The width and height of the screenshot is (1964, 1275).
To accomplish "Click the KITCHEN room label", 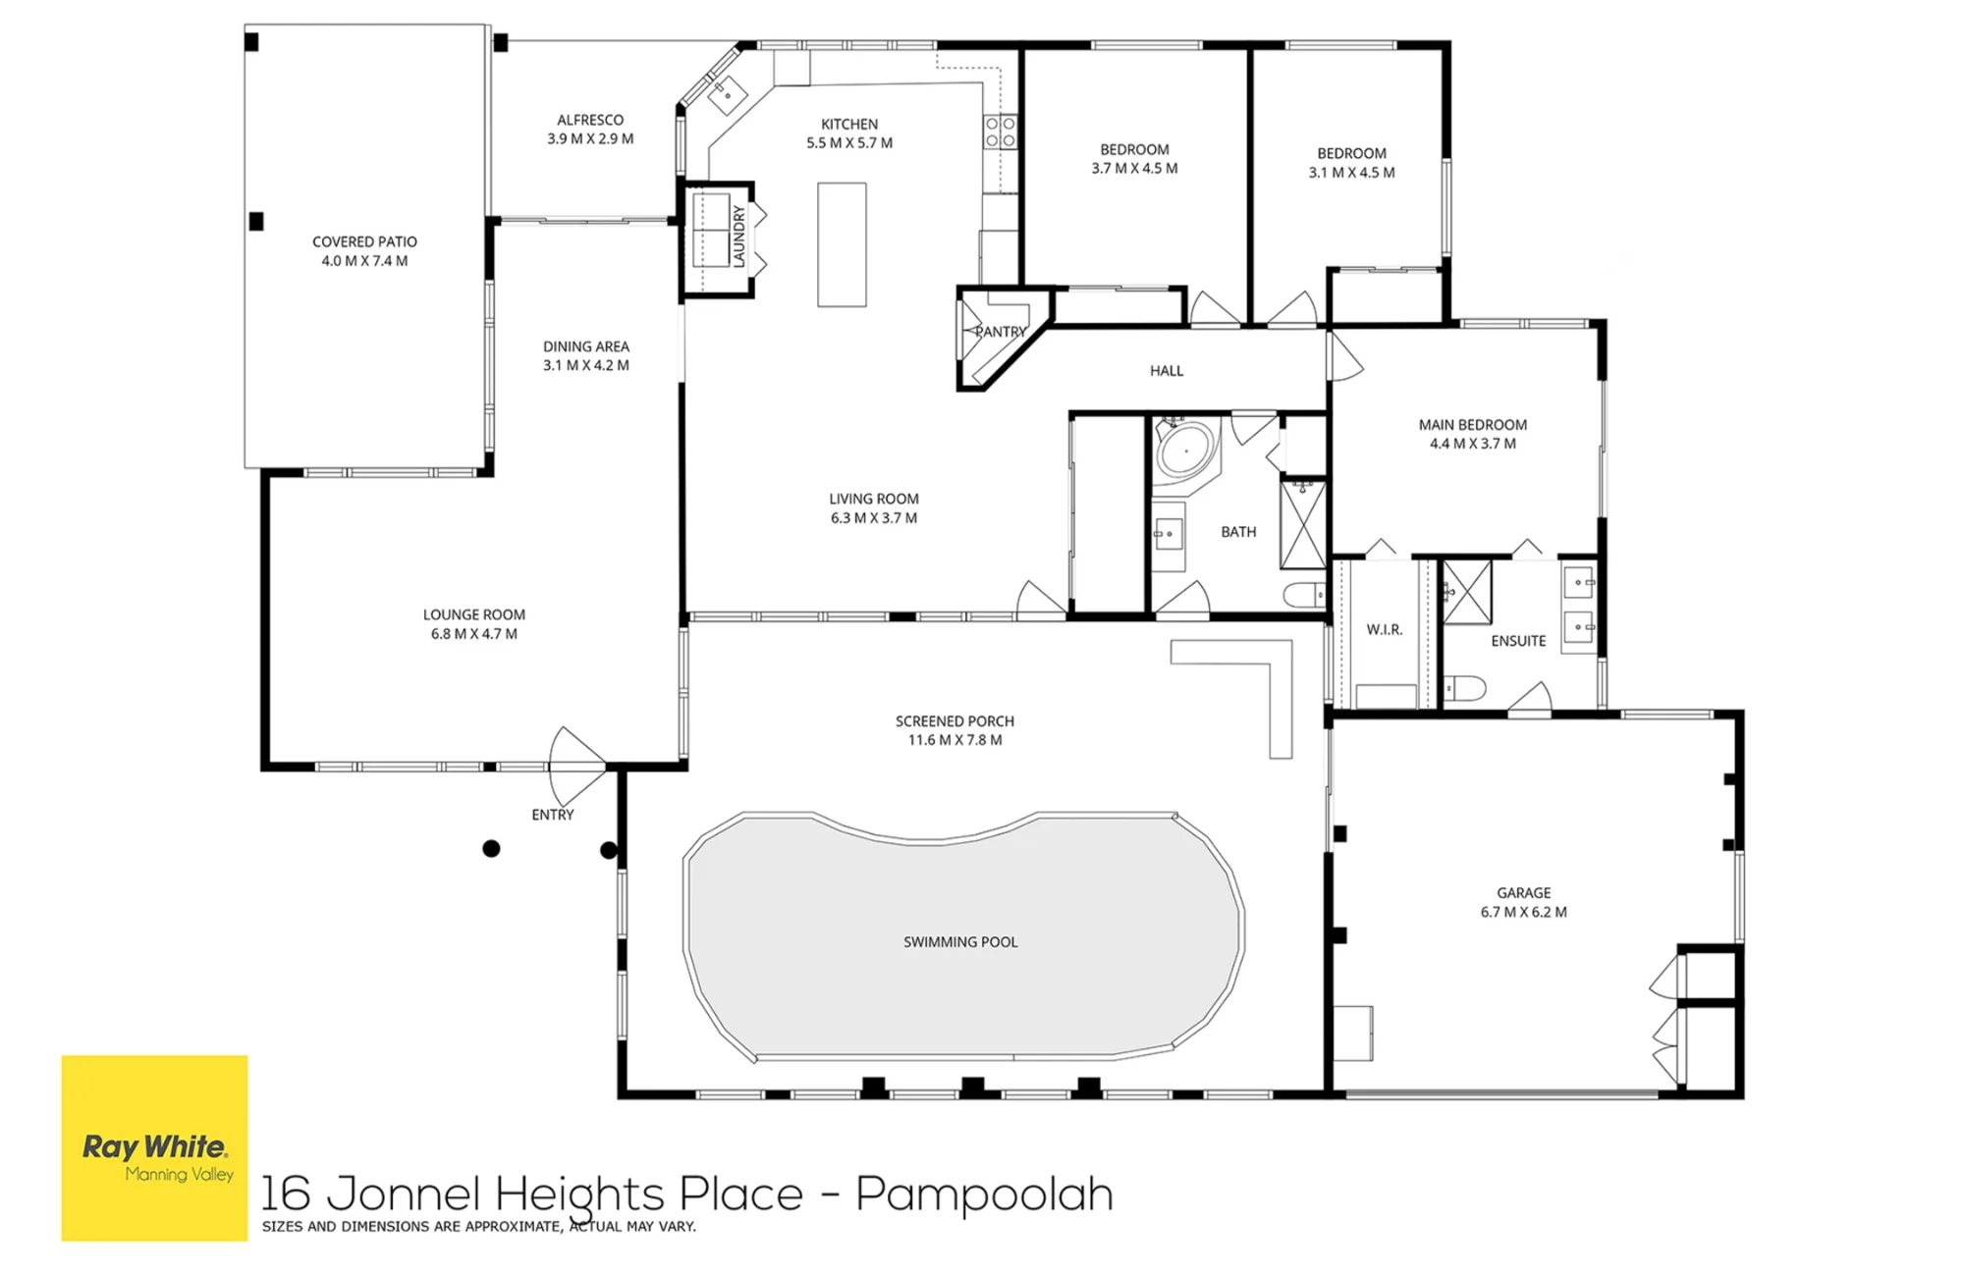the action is [849, 124].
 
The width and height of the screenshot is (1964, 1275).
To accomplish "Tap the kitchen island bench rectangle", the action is [842, 244].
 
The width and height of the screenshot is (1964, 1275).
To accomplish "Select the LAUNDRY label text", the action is [739, 237].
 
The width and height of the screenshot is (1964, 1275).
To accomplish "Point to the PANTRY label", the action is [1001, 332].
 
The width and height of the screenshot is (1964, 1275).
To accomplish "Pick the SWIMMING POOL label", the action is [960, 942].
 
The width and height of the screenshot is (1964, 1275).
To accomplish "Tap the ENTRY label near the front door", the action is [553, 815].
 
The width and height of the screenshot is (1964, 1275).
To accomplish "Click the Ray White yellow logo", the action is [154, 1147].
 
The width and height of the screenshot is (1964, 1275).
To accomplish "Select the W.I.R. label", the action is [1385, 629].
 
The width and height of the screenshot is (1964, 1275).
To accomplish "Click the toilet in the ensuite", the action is [1464, 687].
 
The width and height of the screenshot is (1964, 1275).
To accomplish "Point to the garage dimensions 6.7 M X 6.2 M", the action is [1524, 912].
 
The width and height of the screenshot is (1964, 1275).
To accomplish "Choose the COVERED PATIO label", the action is [364, 241].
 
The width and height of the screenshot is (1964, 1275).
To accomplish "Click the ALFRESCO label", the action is [590, 120].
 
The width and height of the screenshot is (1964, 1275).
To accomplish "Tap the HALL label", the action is [1167, 370].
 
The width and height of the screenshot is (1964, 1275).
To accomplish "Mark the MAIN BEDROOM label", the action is [1473, 425].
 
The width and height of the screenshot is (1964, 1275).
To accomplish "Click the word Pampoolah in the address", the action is [985, 1194].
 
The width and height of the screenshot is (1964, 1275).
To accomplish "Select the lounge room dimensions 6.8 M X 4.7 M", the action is [474, 634].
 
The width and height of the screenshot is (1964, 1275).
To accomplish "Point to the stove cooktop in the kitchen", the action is [1000, 133].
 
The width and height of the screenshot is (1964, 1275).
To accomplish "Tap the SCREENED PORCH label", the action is [955, 721].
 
